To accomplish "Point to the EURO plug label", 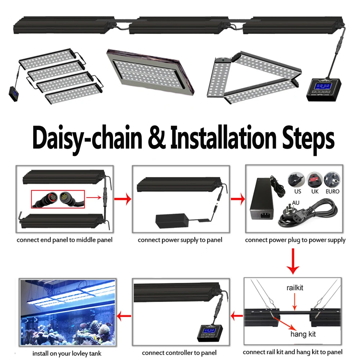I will coord(332,192).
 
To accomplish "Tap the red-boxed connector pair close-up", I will coord(58,199).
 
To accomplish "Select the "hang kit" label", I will coord(303,334).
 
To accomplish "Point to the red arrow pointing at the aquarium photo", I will coord(124,316).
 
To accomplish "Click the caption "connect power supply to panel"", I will coord(180,240).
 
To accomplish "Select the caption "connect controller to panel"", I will coord(179,353).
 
